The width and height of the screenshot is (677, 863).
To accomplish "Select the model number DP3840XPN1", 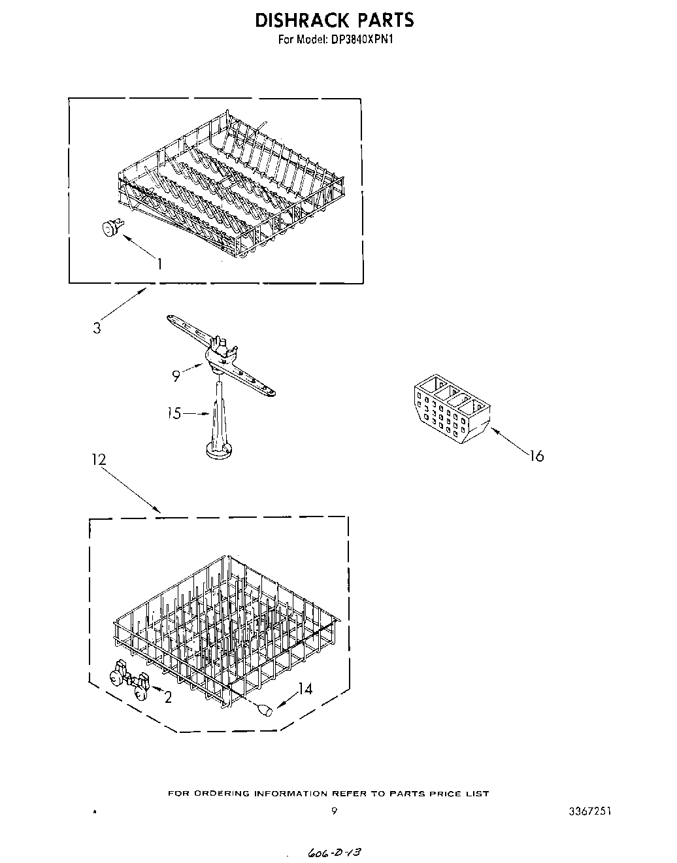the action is (x=357, y=40).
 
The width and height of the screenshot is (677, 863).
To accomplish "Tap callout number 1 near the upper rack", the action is (x=159, y=263).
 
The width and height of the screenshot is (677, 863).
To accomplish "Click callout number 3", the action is (x=97, y=328).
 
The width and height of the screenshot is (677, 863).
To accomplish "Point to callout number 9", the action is (x=176, y=376).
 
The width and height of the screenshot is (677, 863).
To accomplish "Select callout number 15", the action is (x=174, y=413).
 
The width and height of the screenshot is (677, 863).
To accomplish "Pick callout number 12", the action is (x=98, y=460).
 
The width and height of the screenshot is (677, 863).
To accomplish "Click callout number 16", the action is (x=536, y=456).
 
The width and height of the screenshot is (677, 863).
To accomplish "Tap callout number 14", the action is (x=305, y=688).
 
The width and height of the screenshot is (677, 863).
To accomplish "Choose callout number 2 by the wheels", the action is (x=168, y=698).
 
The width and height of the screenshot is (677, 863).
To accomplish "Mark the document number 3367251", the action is (x=590, y=811).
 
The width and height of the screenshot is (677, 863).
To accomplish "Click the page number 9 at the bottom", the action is (x=334, y=811).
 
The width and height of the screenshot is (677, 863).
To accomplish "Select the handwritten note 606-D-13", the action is (x=333, y=853).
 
